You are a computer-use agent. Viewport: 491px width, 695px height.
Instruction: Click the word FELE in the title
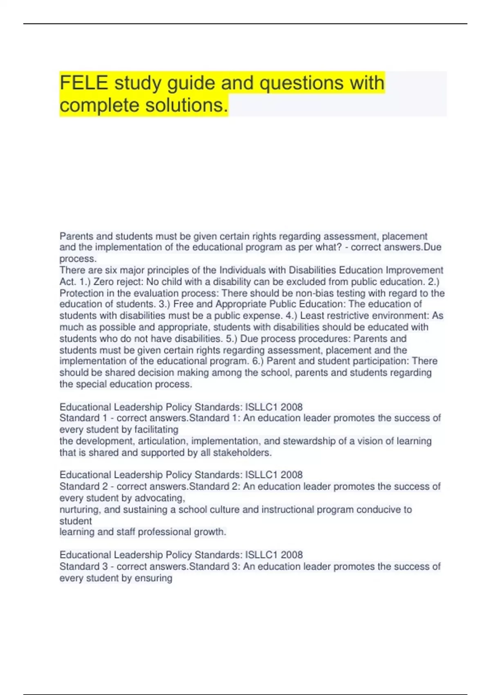point(84,83)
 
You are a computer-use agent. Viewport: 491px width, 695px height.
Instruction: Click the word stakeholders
point(245,453)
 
